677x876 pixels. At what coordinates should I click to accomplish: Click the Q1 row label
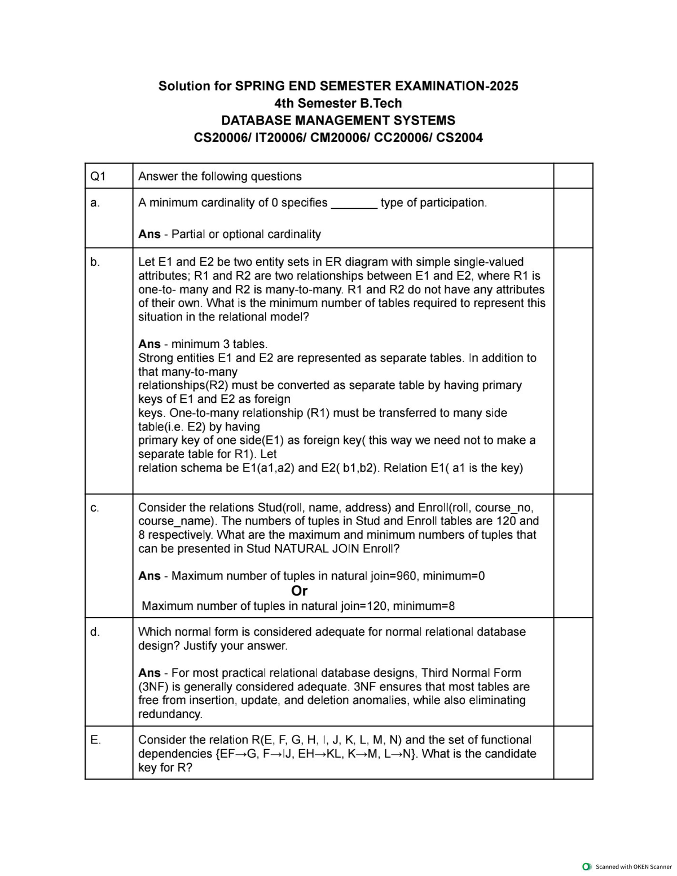98,177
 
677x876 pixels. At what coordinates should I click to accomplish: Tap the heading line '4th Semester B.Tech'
338,103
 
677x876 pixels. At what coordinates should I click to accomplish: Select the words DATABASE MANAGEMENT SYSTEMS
338,120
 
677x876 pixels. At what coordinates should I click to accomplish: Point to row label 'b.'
95,262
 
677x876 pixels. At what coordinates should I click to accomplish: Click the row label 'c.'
95,507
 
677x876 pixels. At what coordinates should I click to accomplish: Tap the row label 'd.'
95,632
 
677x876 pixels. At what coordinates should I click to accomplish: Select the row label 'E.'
95,740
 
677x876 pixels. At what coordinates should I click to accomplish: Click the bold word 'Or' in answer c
299,591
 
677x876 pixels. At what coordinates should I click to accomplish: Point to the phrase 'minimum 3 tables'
218,344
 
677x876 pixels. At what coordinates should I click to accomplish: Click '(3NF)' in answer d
153,687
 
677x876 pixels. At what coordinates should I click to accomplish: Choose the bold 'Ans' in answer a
150,234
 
